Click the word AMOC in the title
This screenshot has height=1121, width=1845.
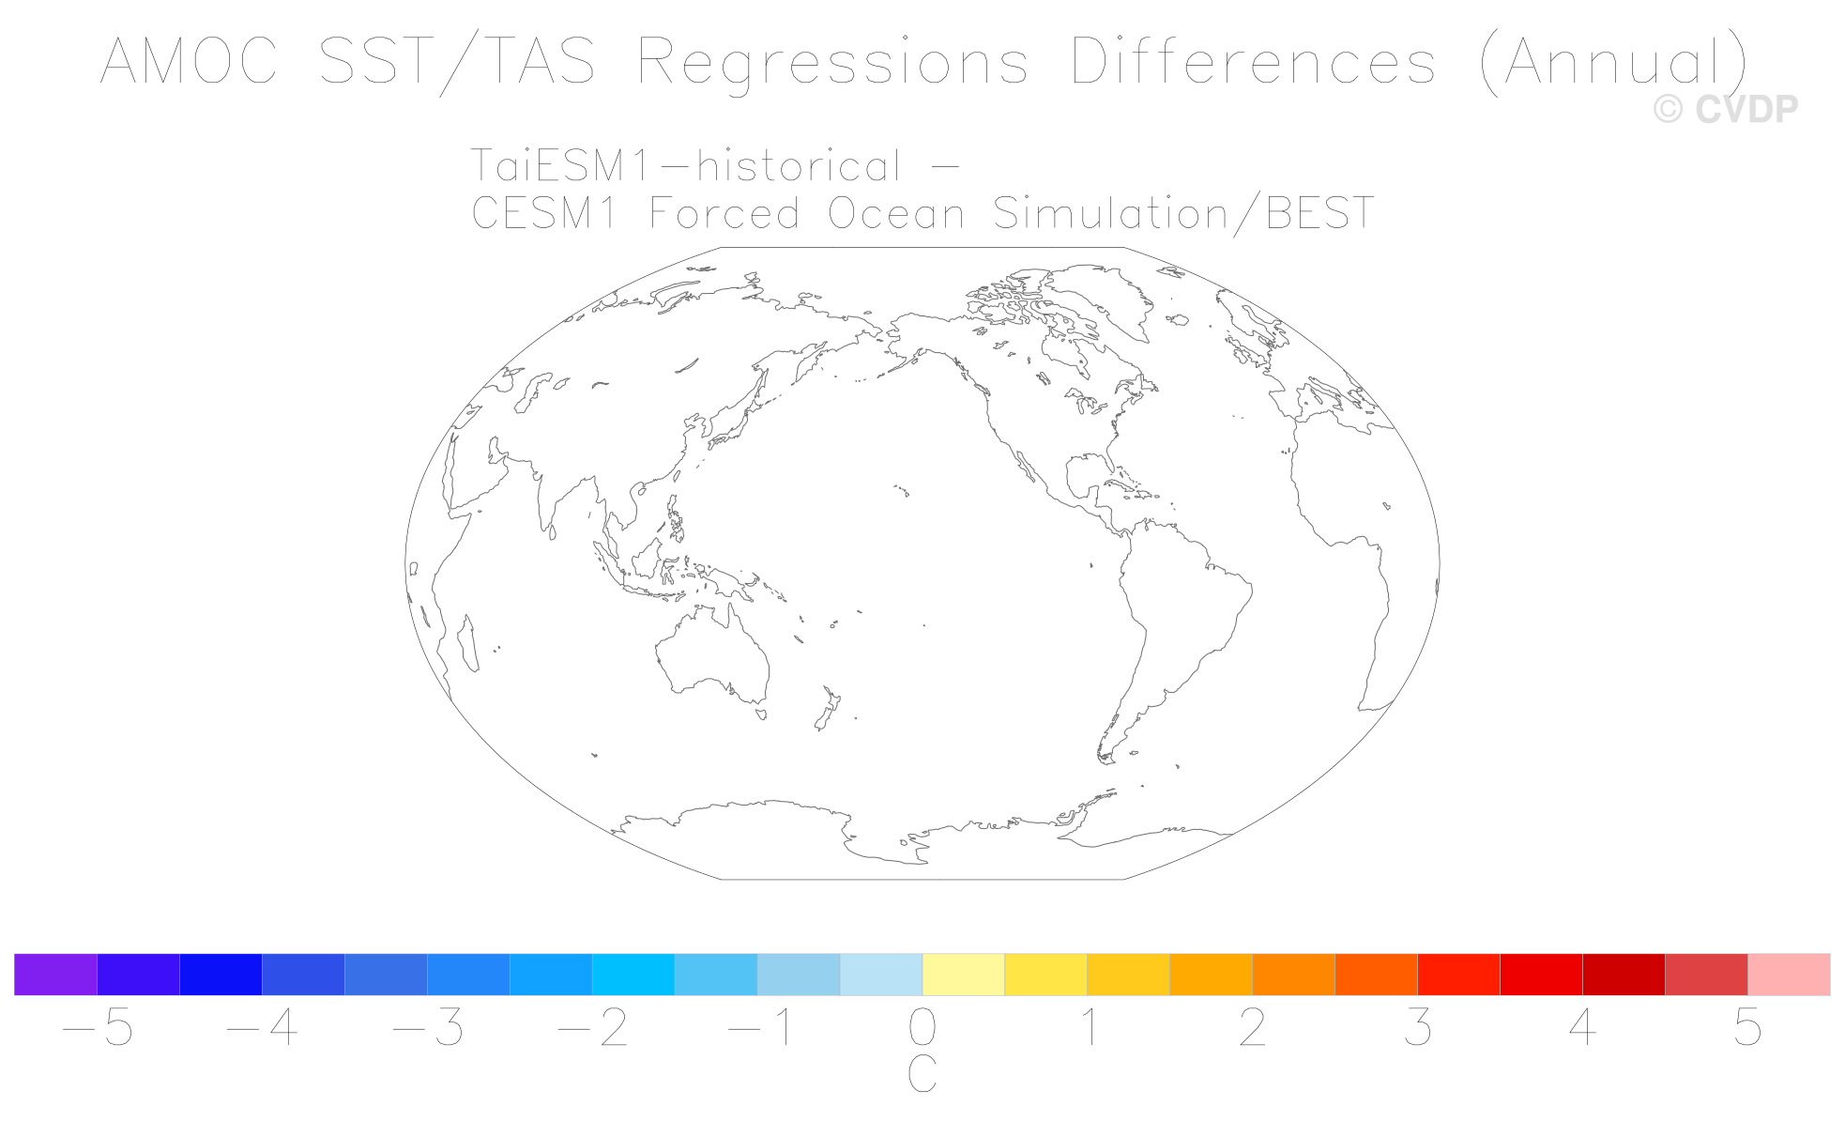point(189,61)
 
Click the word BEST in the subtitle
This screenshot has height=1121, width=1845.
point(1320,213)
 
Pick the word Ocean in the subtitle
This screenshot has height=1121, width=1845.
point(896,213)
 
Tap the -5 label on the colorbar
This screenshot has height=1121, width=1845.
point(98,1029)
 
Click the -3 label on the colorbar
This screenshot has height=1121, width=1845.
point(428,1029)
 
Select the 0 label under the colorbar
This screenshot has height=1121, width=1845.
point(922,1029)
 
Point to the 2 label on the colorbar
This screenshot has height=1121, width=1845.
point(1253,1029)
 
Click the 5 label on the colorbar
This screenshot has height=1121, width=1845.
point(1747,1029)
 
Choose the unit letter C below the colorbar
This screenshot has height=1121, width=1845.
point(922,1074)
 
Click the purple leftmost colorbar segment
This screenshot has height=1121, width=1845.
point(55,975)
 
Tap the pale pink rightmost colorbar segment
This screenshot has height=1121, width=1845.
point(1789,975)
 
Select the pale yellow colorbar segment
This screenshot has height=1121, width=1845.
point(964,975)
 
